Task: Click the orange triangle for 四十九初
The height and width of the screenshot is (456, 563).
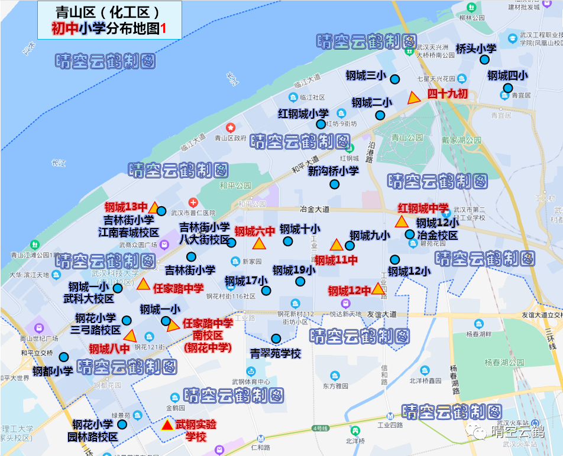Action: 414,98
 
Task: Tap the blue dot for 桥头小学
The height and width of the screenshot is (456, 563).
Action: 484,60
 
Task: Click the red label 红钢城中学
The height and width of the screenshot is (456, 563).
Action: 423,209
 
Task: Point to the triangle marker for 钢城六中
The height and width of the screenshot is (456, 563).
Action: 259,244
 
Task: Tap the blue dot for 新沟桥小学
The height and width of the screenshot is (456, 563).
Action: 334,184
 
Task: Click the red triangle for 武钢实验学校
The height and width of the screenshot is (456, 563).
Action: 168,425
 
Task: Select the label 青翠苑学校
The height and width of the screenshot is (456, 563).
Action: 276,354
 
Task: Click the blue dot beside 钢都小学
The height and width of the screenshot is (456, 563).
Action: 64,357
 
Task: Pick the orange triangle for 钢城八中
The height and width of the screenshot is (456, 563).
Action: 130,336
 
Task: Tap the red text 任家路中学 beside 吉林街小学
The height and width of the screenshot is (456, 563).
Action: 178,288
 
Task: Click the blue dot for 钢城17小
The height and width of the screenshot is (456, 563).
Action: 266,291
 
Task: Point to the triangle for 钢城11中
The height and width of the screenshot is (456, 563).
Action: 336,245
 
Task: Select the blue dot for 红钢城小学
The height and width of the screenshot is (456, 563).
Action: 321,124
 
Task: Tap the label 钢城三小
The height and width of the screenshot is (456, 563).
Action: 365,76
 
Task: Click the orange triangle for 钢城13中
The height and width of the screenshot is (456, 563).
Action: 153,207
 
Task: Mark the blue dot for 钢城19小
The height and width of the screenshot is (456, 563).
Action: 300,282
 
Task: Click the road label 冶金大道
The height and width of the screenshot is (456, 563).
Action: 315,209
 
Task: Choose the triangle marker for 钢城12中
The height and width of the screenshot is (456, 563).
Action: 378,289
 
